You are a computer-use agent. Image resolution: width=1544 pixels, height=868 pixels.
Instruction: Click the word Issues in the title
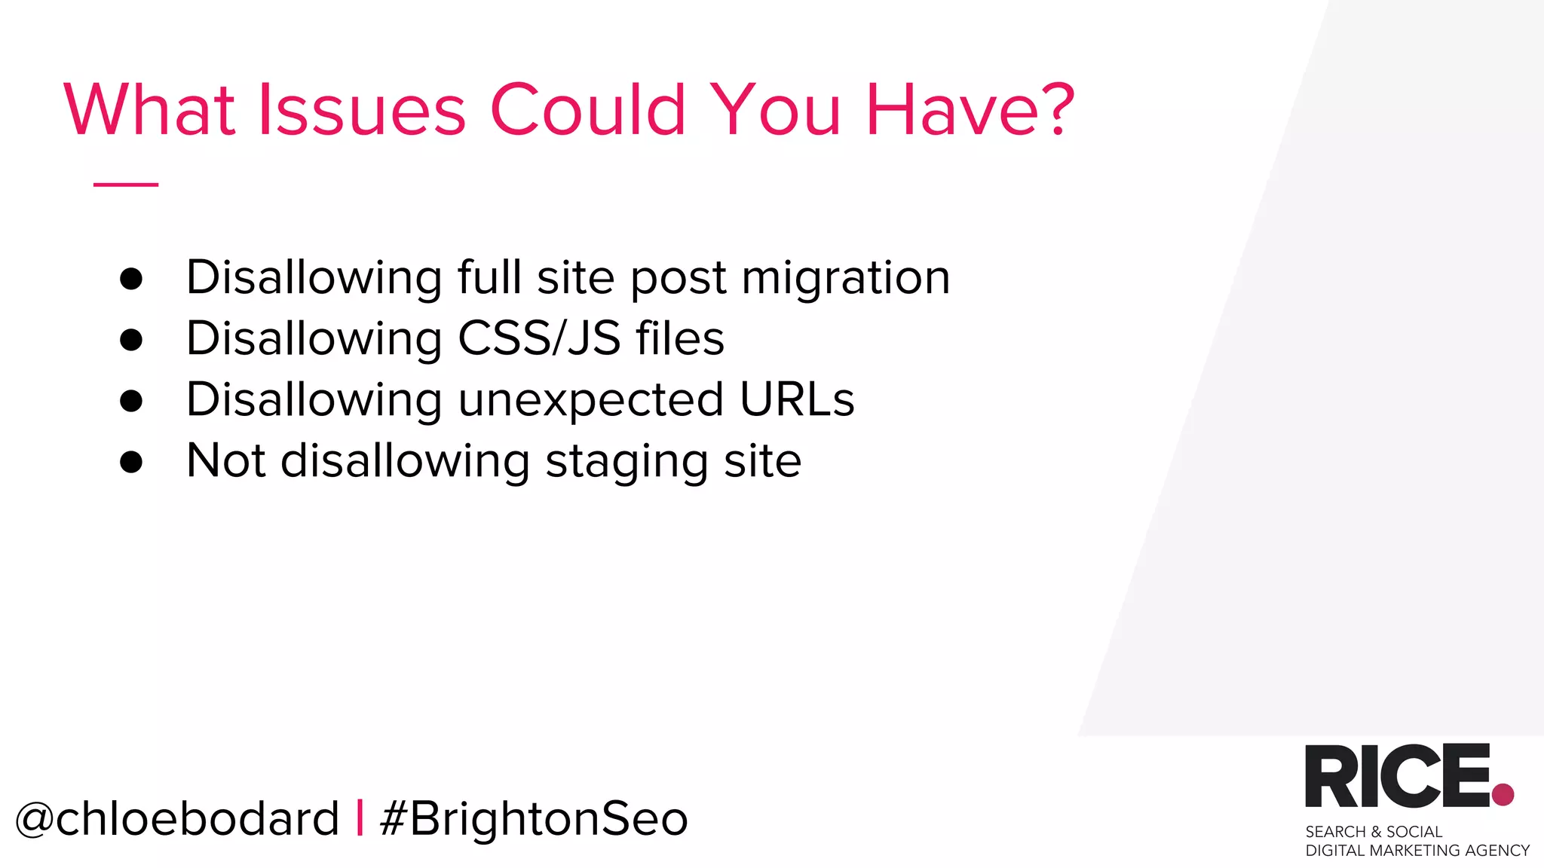pyautogui.click(x=362, y=110)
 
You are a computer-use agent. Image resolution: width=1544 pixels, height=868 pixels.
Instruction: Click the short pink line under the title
pyautogui.click(x=126, y=184)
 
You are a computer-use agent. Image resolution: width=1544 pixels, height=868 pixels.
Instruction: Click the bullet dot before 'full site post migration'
pyautogui.click(x=131, y=279)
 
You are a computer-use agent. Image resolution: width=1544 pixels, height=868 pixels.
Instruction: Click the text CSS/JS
pyautogui.click(x=539, y=338)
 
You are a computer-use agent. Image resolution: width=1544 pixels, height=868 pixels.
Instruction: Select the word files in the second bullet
pyautogui.click(x=680, y=338)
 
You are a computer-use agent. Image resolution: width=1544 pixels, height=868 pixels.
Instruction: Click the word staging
pyautogui.click(x=626, y=462)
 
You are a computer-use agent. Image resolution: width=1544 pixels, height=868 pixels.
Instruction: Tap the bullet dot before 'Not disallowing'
pyautogui.click(x=131, y=462)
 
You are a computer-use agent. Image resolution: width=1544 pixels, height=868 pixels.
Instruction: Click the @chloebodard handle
pyautogui.click(x=177, y=819)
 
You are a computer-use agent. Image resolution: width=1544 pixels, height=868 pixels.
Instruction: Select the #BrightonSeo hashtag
pyautogui.click(x=534, y=819)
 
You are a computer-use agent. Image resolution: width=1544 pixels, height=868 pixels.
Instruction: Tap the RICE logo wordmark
pyautogui.click(x=1397, y=776)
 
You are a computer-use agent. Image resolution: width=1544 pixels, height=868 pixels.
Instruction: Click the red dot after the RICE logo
pyautogui.click(x=1503, y=794)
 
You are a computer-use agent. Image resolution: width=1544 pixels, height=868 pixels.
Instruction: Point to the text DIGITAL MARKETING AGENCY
pyautogui.click(x=1417, y=851)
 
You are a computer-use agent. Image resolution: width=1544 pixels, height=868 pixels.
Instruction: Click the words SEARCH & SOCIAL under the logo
pyautogui.click(x=1373, y=832)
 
